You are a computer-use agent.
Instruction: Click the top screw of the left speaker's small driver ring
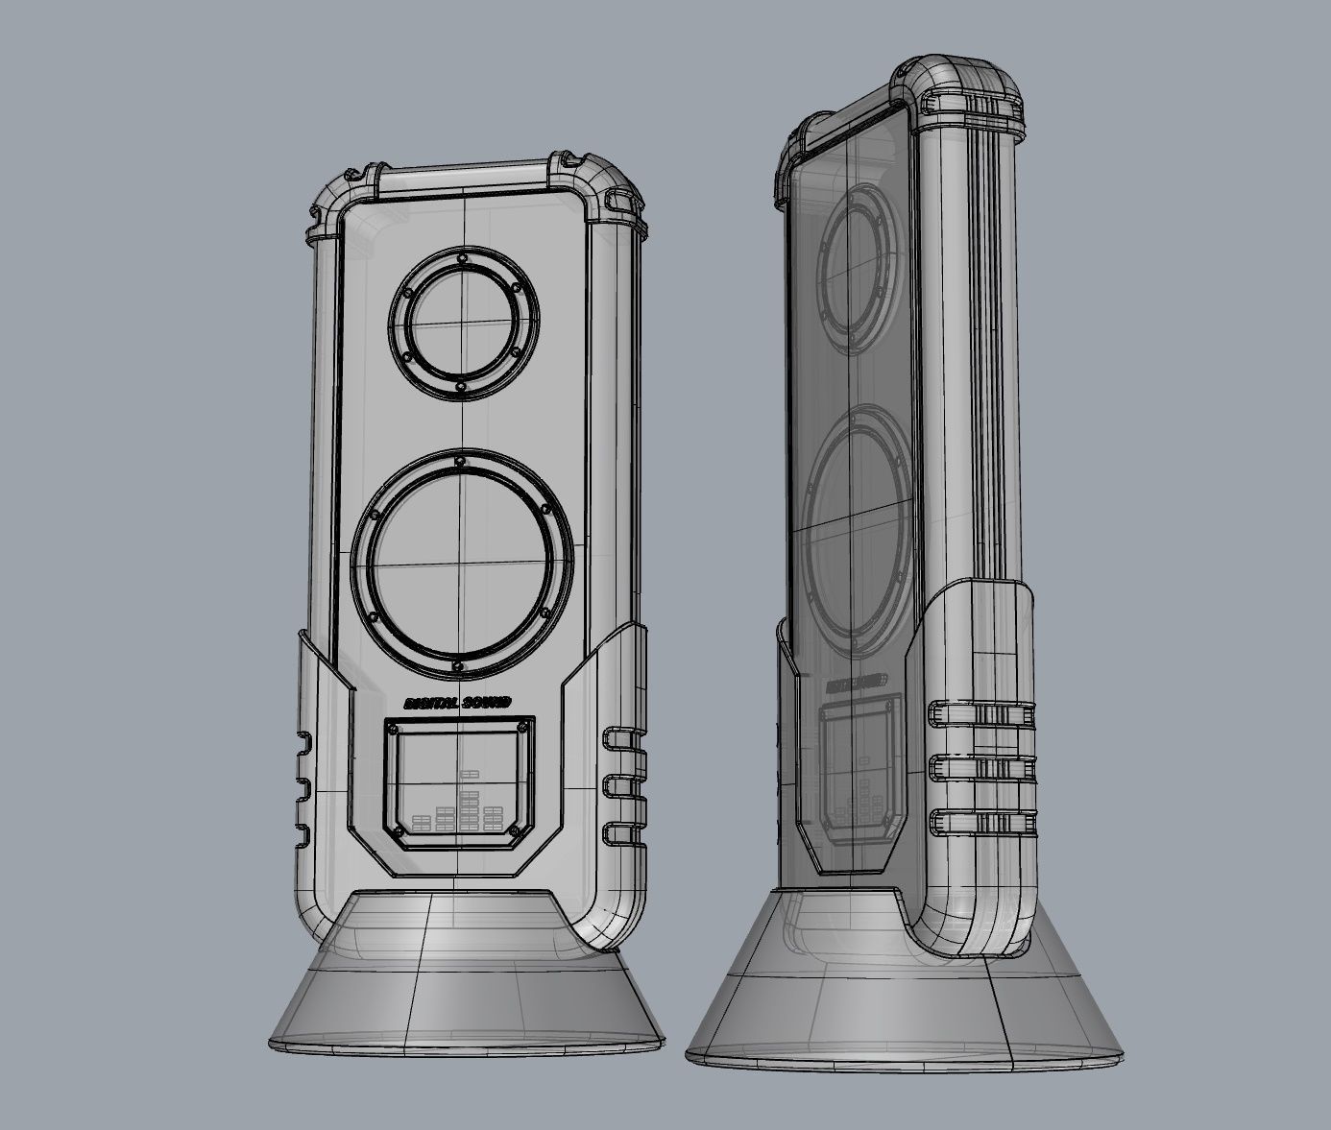click(x=463, y=258)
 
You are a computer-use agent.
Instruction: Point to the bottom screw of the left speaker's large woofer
click(x=459, y=665)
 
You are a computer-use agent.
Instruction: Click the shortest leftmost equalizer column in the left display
click(x=422, y=823)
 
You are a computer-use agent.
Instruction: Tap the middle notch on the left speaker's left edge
click(x=302, y=786)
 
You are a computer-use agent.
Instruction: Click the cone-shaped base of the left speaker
click(x=466, y=998)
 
